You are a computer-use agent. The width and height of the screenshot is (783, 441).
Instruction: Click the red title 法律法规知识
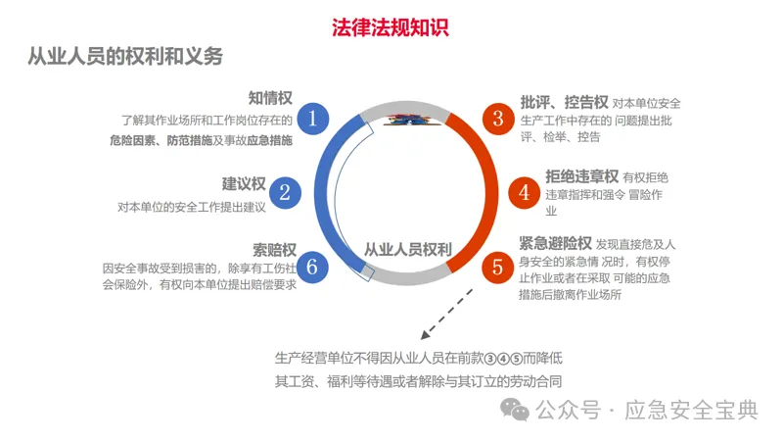coord(390,26)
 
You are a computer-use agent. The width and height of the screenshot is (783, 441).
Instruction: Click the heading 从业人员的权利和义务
coord(125,57)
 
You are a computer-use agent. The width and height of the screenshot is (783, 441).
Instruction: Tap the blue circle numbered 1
coord(312,120)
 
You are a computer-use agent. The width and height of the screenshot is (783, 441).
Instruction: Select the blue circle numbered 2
coord(285,191)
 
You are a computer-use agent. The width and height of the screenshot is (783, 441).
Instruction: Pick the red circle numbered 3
coord(498,120)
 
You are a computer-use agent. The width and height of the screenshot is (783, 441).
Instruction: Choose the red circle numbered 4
coord(525,192)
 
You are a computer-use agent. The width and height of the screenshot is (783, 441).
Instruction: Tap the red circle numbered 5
coord(498,265)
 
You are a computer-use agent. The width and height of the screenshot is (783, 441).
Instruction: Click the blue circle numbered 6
coord(312,265)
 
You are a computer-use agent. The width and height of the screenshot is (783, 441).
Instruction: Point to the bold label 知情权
coord(270,98)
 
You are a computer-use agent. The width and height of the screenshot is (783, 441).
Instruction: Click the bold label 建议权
coord(244,184)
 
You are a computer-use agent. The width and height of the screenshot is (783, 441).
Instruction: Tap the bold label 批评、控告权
coord(564,101)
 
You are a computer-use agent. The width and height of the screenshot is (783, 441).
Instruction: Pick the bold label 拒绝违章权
coord(581,176)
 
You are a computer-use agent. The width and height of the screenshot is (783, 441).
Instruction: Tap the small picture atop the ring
coord(406,120)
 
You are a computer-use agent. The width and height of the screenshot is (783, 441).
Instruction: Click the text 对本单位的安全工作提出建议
coord(192,207)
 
